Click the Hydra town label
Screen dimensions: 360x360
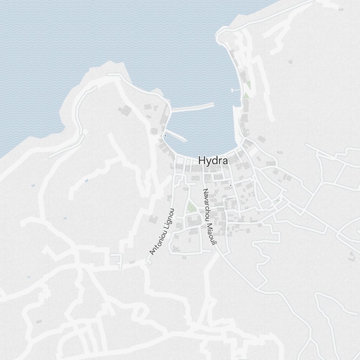(213, 161)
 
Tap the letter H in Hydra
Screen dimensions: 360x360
(202, 160)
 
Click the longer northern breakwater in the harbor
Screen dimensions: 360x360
(193, 107)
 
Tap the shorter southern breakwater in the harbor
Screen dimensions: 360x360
(176, 136)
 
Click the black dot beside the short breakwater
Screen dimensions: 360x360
(165, 136)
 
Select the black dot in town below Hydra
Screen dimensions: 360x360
(230, 185)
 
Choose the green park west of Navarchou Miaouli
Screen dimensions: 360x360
(191, 207)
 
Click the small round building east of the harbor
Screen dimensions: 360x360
(291, 62)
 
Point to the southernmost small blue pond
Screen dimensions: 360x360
(28, 277)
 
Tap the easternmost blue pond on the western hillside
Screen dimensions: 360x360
(86, 180)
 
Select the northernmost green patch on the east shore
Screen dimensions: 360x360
(248, 85)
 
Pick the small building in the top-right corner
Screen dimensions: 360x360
(341, 9)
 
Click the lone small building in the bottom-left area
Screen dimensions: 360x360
(38, 321)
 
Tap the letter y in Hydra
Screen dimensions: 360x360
(208, 162)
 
